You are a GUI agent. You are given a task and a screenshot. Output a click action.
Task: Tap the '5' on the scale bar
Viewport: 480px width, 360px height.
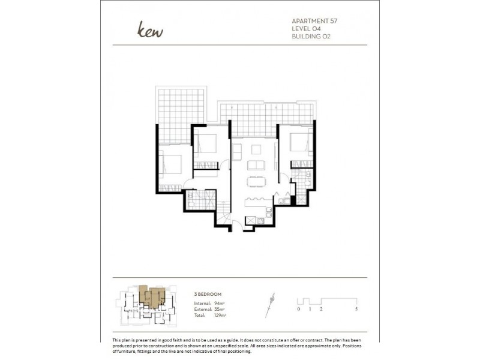point(356,309)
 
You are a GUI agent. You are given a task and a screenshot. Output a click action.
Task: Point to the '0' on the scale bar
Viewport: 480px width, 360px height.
point(298,309)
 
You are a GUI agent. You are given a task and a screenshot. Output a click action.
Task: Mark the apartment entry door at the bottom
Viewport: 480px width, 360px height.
point(237,226)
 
